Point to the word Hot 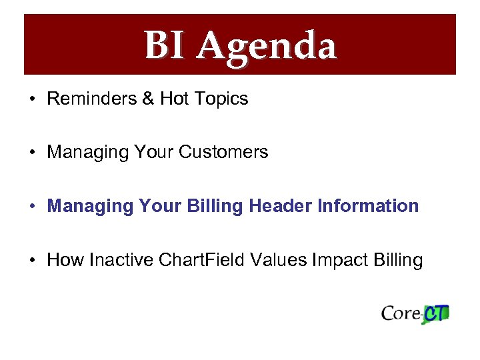point(175,99)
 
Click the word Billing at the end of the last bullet point(397,260)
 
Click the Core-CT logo point(415,313)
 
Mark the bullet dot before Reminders point(32,99)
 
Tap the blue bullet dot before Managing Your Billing point(32,207)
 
